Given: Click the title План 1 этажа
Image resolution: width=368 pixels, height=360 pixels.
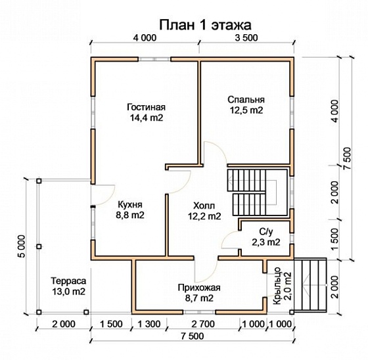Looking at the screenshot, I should pos(206,24).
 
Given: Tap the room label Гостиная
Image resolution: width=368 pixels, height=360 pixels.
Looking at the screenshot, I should pos(147,107).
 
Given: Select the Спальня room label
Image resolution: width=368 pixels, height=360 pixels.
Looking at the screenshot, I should pos(246,99).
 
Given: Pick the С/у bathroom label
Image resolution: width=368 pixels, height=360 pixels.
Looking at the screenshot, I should pos(265,232).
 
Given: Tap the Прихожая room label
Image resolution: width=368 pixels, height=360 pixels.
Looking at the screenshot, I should pos(198,287).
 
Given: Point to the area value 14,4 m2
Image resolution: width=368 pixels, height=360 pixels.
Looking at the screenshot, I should pos(147,118).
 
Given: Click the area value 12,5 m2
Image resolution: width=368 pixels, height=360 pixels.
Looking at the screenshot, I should pos(246,110).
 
